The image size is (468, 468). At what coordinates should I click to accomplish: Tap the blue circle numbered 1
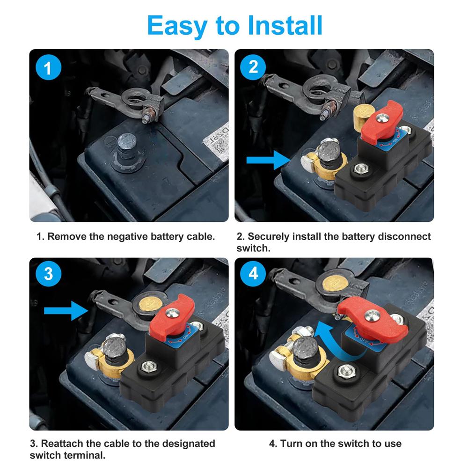(x=48, y=69)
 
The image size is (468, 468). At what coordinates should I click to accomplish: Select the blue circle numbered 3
(x=48, y=274)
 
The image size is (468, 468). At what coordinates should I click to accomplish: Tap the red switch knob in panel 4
(x=373, y=318)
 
